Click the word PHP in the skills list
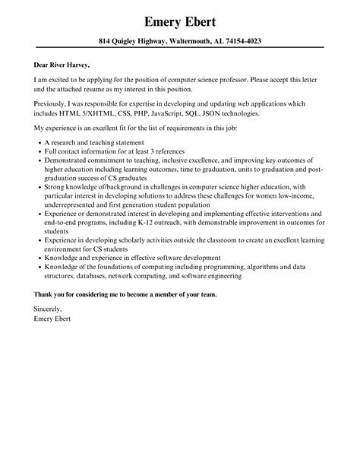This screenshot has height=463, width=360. (x=132, y=113)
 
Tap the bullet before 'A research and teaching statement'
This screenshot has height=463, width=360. (x=38, y=143)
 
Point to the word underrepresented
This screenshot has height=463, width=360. (x=79, y=204)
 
